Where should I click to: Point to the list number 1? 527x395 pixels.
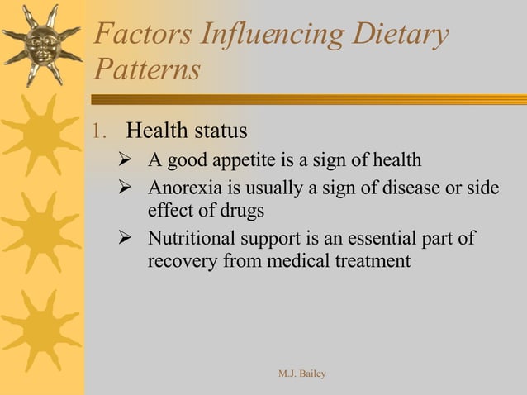(x=99, y=131)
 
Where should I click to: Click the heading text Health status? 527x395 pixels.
(x=187, y=131)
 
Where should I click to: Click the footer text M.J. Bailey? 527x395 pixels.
(x=302, y=374)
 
